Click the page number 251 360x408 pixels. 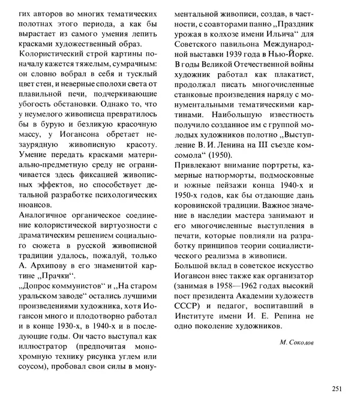coord(336,388)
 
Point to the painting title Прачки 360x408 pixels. coord(60,276)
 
